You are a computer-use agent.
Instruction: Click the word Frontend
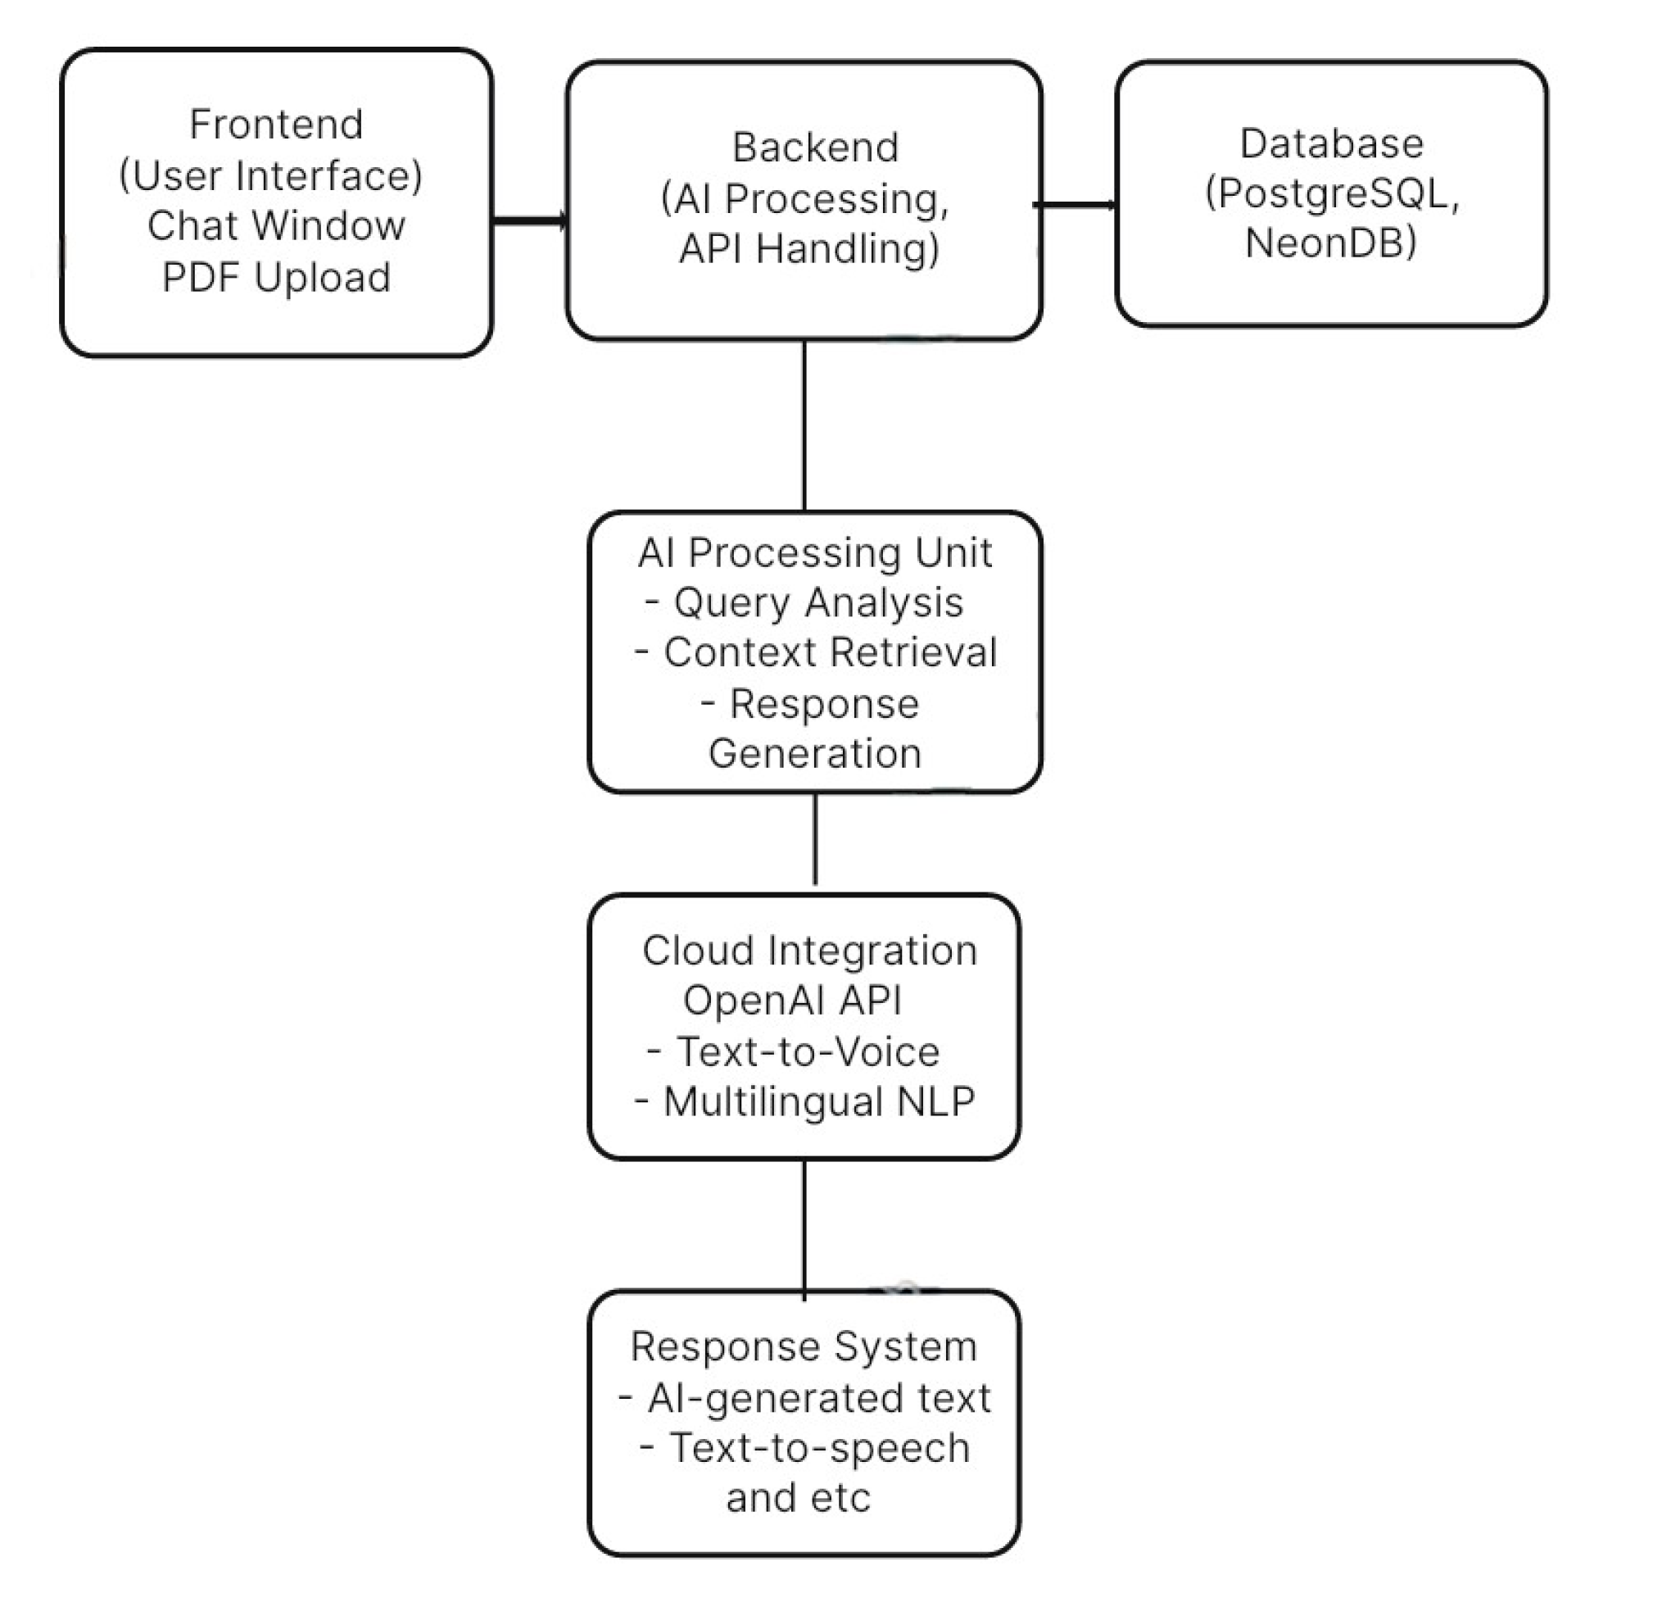click(276, 125)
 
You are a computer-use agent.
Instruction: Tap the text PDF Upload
click(276, 277)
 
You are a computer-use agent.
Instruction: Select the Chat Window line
click(276, 225)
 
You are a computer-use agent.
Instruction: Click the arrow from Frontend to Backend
click(530, 221)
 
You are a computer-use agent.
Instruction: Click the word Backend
click(815, 148)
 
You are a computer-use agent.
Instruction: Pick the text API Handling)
click(809, 249)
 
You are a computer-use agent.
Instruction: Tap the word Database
click(1331, 143)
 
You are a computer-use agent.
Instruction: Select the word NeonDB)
click(1330, 243)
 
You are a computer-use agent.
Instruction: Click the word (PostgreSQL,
click(1331, 193)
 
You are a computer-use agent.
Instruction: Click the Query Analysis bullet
click(805, 603)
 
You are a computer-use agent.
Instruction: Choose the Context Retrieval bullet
click(816, 653)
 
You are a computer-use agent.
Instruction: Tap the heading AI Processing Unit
click(815, 553)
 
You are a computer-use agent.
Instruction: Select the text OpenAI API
click(792, 1001)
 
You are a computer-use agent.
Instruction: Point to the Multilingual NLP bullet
click(805, 1102)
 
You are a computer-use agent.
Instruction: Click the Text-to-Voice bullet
click(795, 1051)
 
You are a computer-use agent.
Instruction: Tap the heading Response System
click(804, 1347)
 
